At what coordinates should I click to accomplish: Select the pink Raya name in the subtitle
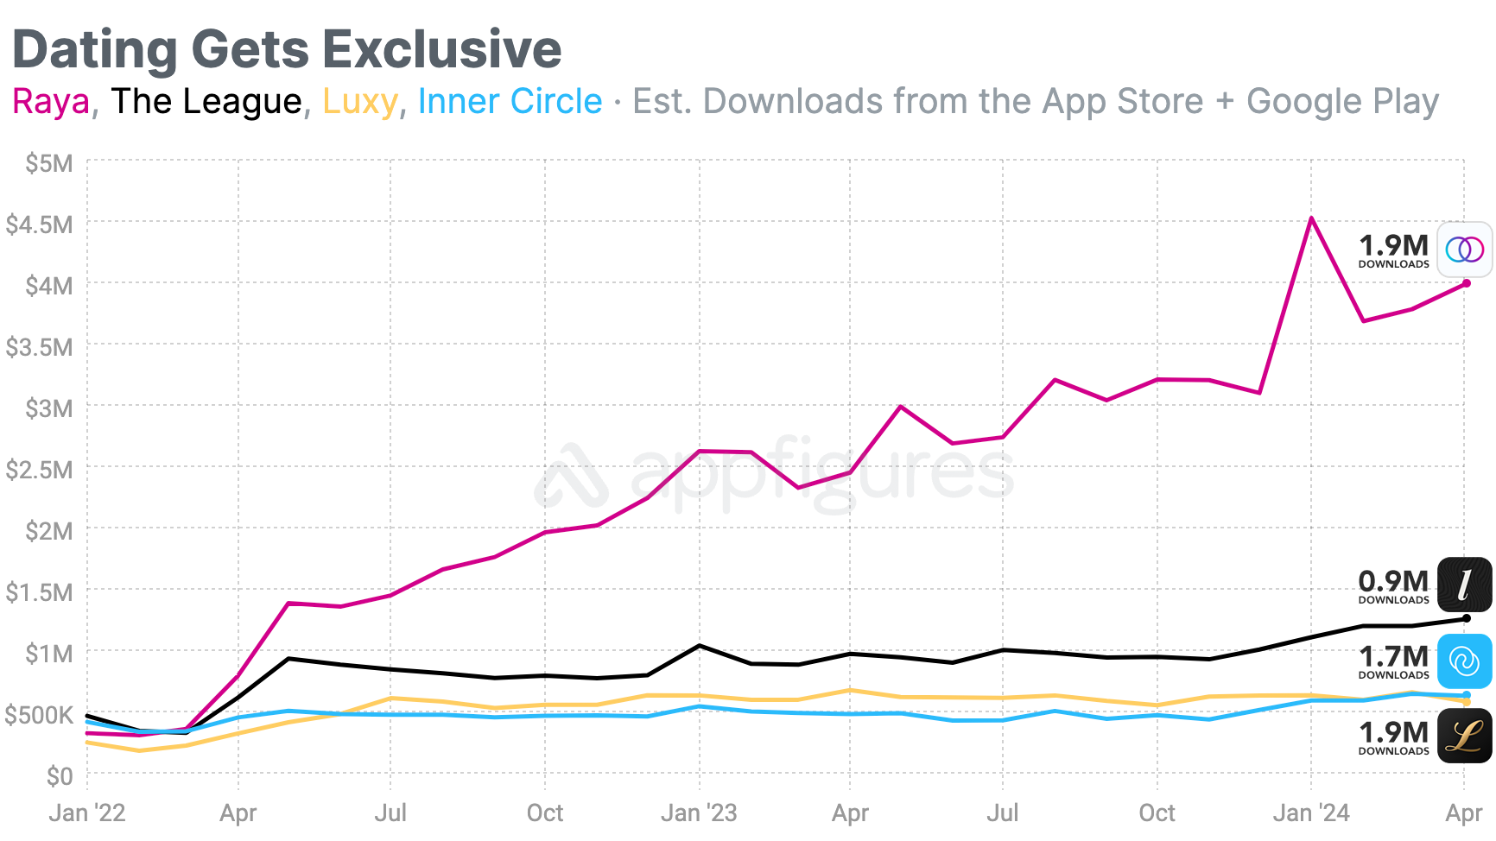51,102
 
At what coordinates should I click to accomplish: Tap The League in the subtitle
206,102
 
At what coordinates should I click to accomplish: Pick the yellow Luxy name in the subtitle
359,102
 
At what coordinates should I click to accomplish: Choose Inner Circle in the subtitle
510,102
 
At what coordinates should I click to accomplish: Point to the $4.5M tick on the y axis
39,224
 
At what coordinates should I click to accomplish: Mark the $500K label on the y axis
39,715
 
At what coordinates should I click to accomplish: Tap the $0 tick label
60,776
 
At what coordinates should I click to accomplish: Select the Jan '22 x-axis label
87,813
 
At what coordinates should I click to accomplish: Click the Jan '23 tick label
699,813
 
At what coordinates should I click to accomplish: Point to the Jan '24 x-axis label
1311,813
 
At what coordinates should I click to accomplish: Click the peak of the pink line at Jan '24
1311,218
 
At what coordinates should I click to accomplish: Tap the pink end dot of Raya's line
1466,283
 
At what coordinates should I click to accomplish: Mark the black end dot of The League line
1466,618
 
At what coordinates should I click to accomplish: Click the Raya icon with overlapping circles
1464,250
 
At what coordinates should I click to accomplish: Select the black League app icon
1464,585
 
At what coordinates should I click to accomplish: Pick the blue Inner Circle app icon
1464,661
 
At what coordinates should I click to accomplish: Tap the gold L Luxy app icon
1464,736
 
